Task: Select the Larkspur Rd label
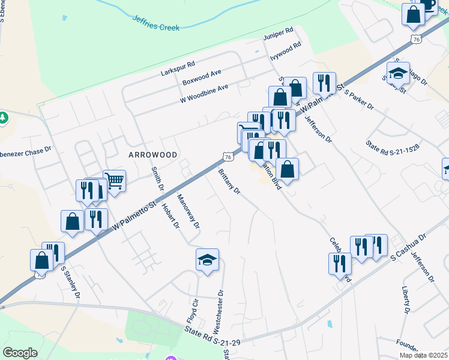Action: tap(178, 68)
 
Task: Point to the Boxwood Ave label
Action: tap(202, 77)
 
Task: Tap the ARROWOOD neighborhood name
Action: tap(153, 155)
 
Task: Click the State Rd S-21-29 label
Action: tap(212, 335)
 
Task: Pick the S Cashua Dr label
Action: tap(408, 247)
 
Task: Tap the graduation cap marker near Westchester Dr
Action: tap(207, 260)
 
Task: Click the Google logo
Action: tap(20, 353)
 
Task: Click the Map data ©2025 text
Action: tap(423, 355)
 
